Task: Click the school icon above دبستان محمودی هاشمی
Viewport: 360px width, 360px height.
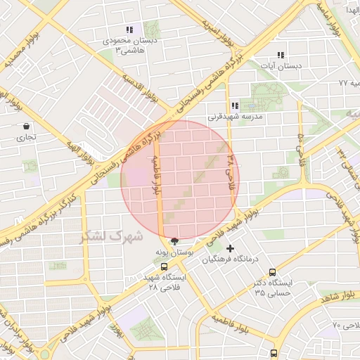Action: tap(129, 30)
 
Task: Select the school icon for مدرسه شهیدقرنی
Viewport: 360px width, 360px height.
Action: tap(235, 105)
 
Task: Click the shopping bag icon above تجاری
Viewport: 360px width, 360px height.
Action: tap(26, 127)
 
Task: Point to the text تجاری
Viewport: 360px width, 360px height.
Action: tap(25, 138)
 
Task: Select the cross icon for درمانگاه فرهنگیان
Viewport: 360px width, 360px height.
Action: tap(231, 248)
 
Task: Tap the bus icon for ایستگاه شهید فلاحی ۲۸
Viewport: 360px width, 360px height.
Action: tap(164, 266)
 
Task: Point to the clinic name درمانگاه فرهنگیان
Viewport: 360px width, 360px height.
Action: tap(231, 259)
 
